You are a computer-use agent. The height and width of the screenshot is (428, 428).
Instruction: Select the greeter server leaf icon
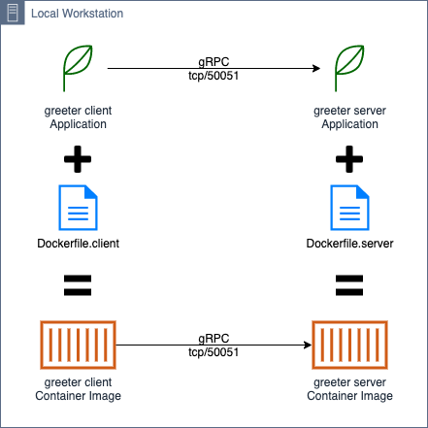point(348,69)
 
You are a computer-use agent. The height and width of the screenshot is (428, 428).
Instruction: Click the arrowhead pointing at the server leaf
point(316,69)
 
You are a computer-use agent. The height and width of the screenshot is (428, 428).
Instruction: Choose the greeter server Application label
point(348,117)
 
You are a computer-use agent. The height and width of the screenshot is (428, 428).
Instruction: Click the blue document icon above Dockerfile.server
point(348,206)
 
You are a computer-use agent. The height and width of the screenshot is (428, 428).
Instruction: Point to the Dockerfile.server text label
point(348,242)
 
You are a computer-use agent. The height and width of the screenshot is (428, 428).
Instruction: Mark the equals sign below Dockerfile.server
point(348,285)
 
